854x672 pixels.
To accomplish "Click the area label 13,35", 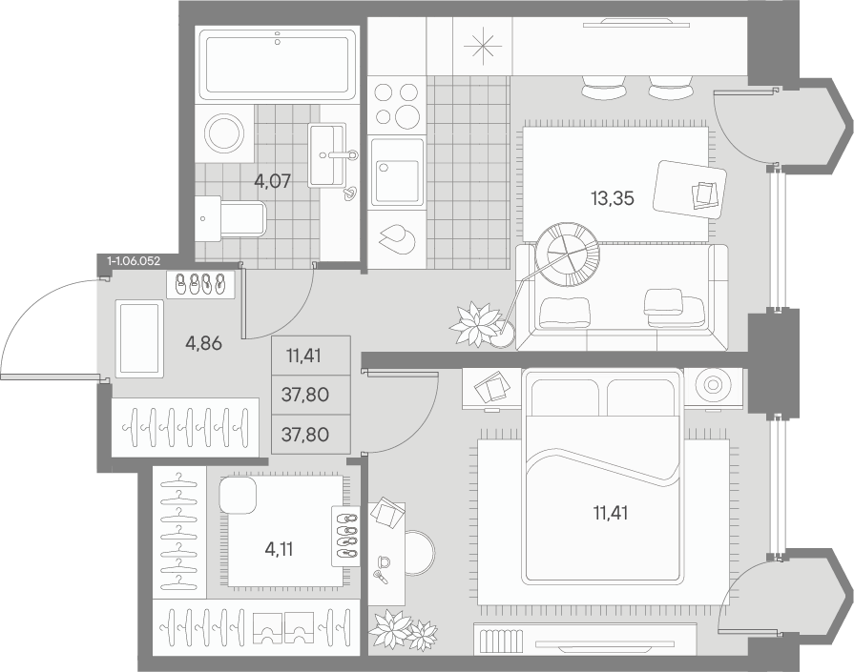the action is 613,198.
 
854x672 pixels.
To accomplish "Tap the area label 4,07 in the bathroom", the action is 273,180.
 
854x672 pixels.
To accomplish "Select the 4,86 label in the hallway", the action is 202,343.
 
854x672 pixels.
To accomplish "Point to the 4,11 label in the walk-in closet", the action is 279,549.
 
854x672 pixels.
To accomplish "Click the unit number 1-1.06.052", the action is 134,261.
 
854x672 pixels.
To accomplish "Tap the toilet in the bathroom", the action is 230,218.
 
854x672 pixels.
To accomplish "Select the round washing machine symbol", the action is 224,133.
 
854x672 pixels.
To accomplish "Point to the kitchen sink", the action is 397,173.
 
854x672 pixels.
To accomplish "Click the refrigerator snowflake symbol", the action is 483,47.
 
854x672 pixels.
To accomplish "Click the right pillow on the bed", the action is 641,397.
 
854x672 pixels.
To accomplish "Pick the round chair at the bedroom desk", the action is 421,553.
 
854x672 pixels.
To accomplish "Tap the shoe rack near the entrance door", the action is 201,284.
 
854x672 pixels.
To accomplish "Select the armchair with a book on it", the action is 691,190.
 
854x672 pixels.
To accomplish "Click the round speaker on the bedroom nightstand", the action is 713,385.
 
